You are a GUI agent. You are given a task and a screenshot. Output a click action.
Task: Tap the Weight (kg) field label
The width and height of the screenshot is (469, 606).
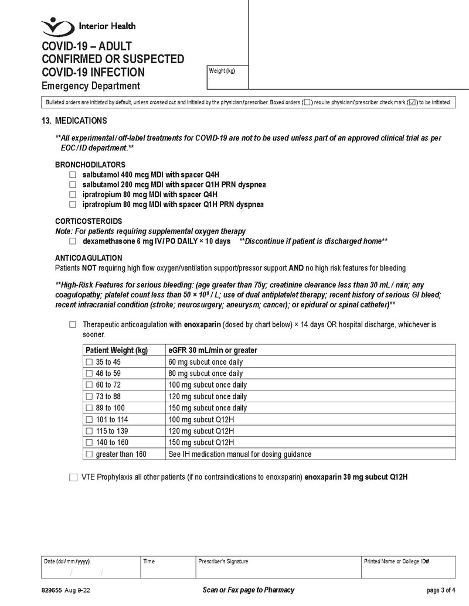pos(222,71)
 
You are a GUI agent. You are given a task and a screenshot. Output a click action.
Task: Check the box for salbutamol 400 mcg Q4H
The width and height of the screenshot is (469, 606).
pos(73,175)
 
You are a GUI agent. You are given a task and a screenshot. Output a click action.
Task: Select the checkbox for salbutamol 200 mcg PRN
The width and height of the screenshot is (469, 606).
pos(73,185)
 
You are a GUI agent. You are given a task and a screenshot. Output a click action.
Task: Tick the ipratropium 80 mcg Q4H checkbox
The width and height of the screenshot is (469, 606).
pos(73,195)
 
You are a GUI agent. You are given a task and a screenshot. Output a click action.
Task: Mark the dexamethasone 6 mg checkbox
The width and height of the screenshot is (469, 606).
pos(73,241)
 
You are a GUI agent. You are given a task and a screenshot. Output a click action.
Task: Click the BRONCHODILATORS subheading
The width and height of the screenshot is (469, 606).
pos(90,165)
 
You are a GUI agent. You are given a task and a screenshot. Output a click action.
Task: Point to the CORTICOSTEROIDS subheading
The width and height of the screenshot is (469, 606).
pos(89,221)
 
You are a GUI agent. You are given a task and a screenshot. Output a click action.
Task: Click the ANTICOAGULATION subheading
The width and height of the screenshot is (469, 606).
pos(89,258)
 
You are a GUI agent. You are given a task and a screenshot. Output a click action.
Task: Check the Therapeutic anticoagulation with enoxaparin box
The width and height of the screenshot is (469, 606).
pos(73,325)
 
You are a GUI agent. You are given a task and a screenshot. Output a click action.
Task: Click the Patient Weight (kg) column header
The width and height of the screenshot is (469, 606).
pos(117,351)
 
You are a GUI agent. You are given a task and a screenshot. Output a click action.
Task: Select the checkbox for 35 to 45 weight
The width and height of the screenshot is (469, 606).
pos(90,362)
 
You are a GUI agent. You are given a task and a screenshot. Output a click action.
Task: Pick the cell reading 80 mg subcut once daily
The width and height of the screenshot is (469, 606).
pos(205,374)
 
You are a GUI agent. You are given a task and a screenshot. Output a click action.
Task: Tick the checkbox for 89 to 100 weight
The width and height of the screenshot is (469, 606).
pos(90,408)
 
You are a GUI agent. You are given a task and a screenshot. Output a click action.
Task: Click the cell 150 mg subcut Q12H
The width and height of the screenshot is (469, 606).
pos(201,443)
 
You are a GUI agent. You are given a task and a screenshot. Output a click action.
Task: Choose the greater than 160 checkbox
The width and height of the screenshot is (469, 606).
pos(90,454)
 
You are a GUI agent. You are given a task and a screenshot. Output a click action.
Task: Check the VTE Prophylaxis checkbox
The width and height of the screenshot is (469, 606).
pos(73,478)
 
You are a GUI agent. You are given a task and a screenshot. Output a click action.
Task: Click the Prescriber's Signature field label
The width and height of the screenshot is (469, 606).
pos(223,562)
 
